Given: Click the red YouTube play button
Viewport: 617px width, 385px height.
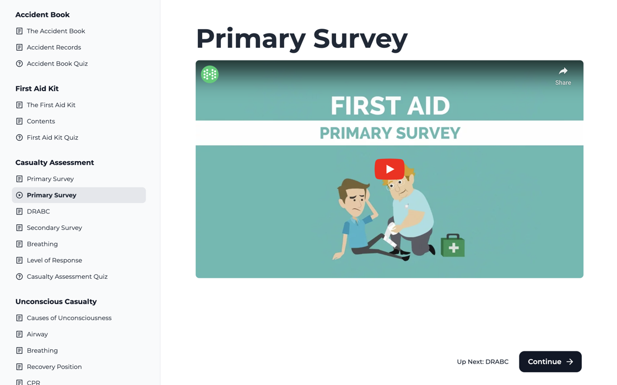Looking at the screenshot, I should click(x=389, y=169).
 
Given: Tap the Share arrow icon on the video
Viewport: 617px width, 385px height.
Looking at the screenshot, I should click(x=563, y=71).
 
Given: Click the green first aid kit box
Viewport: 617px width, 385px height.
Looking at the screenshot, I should click(x=453, y=246).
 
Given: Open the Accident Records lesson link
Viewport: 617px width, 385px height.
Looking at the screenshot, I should click(x=54, y=47).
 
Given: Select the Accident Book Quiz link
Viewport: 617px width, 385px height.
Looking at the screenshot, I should click(x=57, y=64).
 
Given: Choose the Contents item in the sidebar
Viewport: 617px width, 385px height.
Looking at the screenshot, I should click(x=41, y=121).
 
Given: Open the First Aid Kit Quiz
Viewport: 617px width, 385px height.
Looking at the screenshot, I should click(x=52, y=137).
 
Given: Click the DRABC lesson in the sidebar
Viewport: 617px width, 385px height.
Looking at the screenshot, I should click(x=39, y=211).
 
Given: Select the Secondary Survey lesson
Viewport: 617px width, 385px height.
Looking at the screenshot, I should click(x=55, y=228).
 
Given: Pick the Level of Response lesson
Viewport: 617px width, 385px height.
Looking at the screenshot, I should click(x=55, y=260).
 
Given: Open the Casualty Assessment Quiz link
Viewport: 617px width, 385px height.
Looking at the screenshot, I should click(x=67, y=277).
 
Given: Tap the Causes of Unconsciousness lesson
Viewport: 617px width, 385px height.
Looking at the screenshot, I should click(x=69, y=318).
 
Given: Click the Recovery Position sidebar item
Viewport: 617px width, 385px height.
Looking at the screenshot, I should click(x=54, y=367).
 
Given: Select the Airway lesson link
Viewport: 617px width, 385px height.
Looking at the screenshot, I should click(x=37, y=334).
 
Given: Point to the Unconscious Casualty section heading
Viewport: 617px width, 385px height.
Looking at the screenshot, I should click(x=56, y=301).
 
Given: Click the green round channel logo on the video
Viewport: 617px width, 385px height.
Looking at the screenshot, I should click(x=210, y=74).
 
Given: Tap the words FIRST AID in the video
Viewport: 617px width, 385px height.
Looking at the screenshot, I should click(x=390, y=106).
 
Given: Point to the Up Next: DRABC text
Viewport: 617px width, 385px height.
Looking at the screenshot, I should click(x=483, y=362).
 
